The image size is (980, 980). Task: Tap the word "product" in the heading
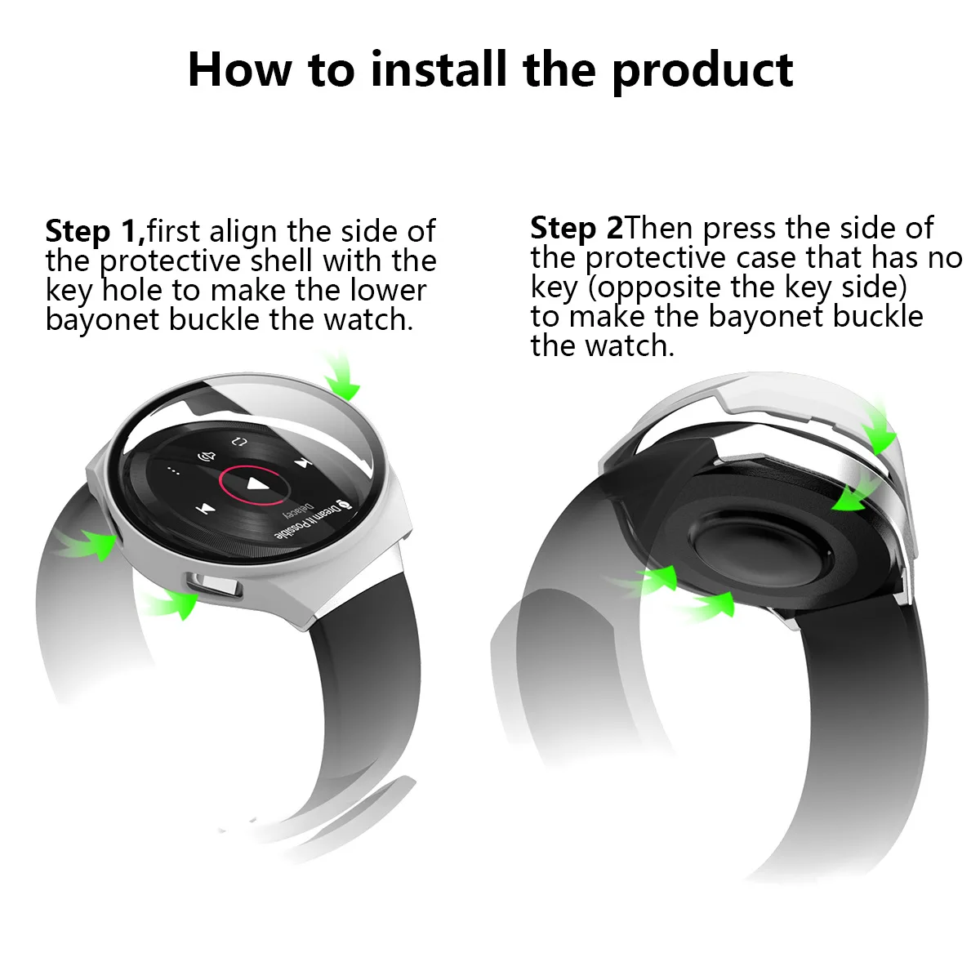[702, 70]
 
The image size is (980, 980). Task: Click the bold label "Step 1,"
[95, 231]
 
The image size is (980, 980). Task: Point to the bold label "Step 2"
[576, 227]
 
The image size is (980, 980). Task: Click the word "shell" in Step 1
[282, 261]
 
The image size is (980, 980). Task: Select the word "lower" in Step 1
[389, 291]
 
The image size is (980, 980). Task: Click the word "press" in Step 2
[740, 228]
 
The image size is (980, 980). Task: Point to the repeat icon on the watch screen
[238, 442]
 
